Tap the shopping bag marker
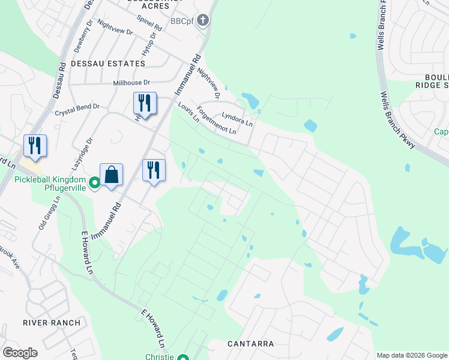tap(111, 175)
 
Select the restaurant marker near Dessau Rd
tap(35, 146)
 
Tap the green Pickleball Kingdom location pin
tap(94, 182)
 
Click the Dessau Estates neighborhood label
tap(108, 63)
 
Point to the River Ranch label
tap(52, 323)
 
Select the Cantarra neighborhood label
tap(251, 344)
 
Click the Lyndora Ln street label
tap(237, 118)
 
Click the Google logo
tap(20, 353)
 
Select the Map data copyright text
tap(412, 355)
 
